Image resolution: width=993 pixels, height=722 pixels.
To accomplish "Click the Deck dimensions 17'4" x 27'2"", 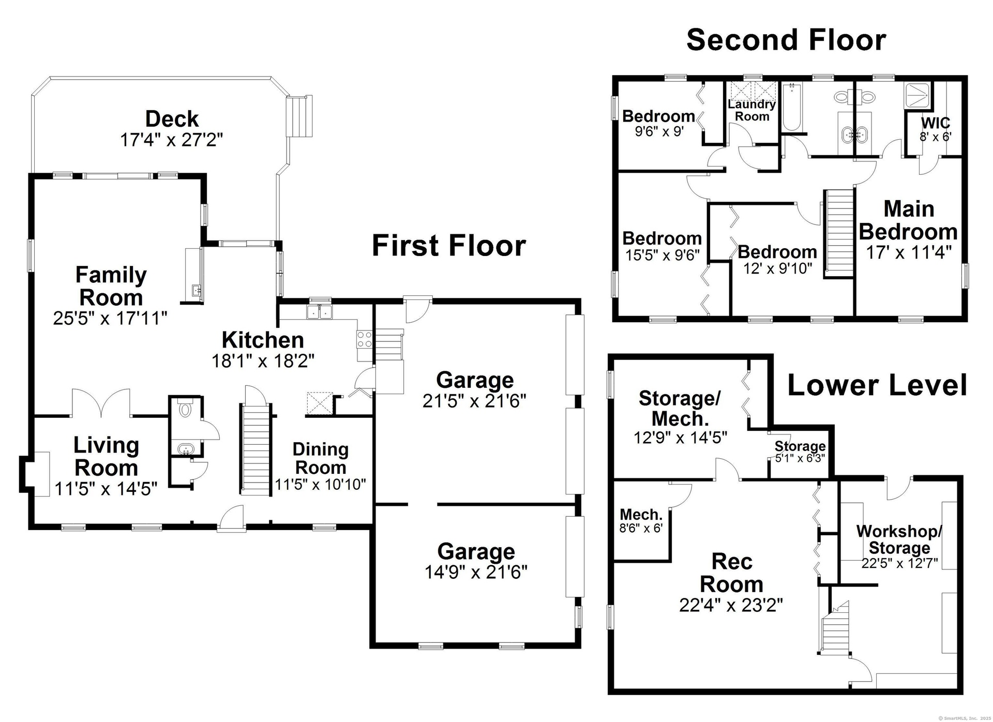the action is point(171,140).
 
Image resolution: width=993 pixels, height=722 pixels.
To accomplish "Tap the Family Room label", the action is point(111,286).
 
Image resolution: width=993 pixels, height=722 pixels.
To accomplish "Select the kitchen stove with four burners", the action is point(364,339).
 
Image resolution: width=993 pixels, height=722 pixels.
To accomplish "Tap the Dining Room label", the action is point(320,458).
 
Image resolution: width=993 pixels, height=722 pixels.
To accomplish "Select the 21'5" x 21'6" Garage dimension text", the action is point(474,401).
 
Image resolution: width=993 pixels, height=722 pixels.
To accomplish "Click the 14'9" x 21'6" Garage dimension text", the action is point(476,572).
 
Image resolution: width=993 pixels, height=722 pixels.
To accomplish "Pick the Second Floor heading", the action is point(786,40).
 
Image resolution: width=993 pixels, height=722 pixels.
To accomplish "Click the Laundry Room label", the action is point(751,110).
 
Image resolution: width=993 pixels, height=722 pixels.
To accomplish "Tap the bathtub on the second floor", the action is point(791,107).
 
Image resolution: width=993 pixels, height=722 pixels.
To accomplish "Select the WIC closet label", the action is point(935,123).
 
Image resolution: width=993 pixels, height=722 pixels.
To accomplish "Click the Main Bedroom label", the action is point(908,220).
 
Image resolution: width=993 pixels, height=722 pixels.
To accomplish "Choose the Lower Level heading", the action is point(877,385).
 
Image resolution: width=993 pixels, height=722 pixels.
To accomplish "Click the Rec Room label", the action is point(731,573).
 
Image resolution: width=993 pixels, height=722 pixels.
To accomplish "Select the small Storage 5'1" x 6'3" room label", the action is point(800,445).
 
